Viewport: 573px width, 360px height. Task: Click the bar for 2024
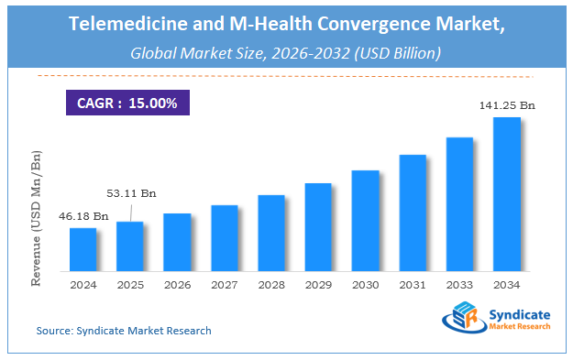point(83,249)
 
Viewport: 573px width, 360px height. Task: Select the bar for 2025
point(130,246)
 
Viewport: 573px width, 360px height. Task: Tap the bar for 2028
point(271,233)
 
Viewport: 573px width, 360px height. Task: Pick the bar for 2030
point(365,221)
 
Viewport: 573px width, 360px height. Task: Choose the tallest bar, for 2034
point(507,194)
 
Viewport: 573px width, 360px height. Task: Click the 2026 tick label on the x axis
point(177,285)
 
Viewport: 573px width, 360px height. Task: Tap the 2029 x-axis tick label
point(318,285)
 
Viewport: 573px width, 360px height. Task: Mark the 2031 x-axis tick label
point(413,285)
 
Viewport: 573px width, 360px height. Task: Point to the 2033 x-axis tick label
point(459,285)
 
